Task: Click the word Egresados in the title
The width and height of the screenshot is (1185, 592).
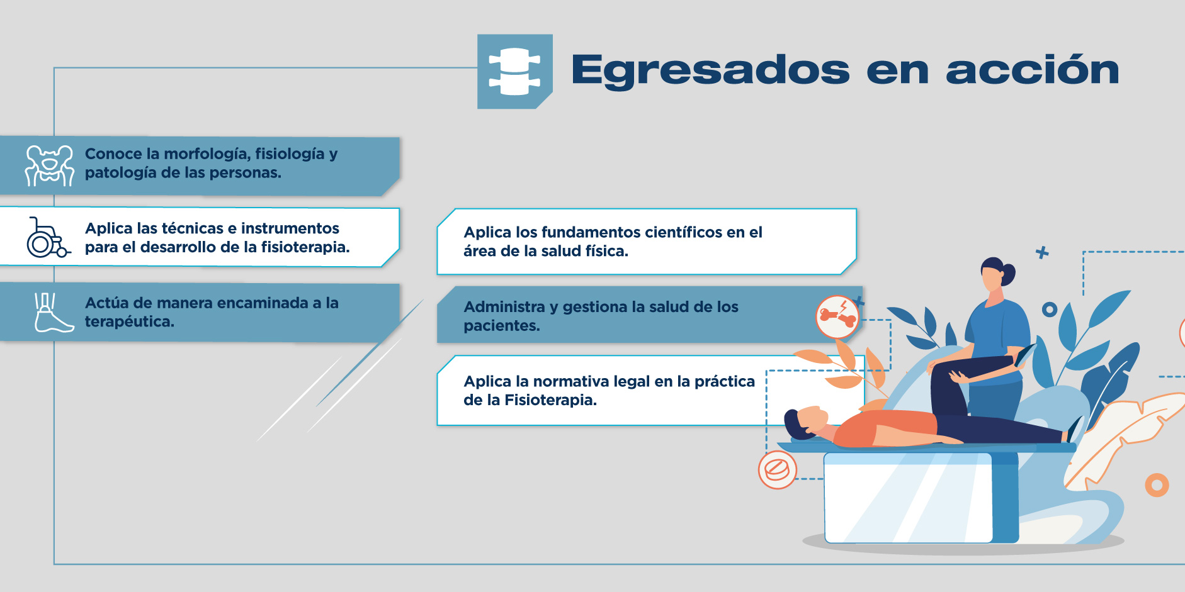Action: click(x=711, y=70)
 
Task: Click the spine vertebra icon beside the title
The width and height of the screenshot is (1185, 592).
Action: click(x=514, y=71)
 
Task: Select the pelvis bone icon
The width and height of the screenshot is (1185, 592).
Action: click(x=49, y=165)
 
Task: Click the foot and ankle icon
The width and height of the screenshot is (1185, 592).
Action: click(x=54, y=312)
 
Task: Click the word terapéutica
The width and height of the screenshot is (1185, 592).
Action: click(x=130, y=321)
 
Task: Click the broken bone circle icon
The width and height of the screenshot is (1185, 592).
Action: click(x=837, y=316)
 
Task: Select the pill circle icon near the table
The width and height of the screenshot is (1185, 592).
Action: click(x=777, y=469)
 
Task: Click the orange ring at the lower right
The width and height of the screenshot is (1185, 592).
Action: click(x=1157, y=485)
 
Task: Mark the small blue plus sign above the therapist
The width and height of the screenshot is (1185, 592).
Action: click(x=1042, y=252)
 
